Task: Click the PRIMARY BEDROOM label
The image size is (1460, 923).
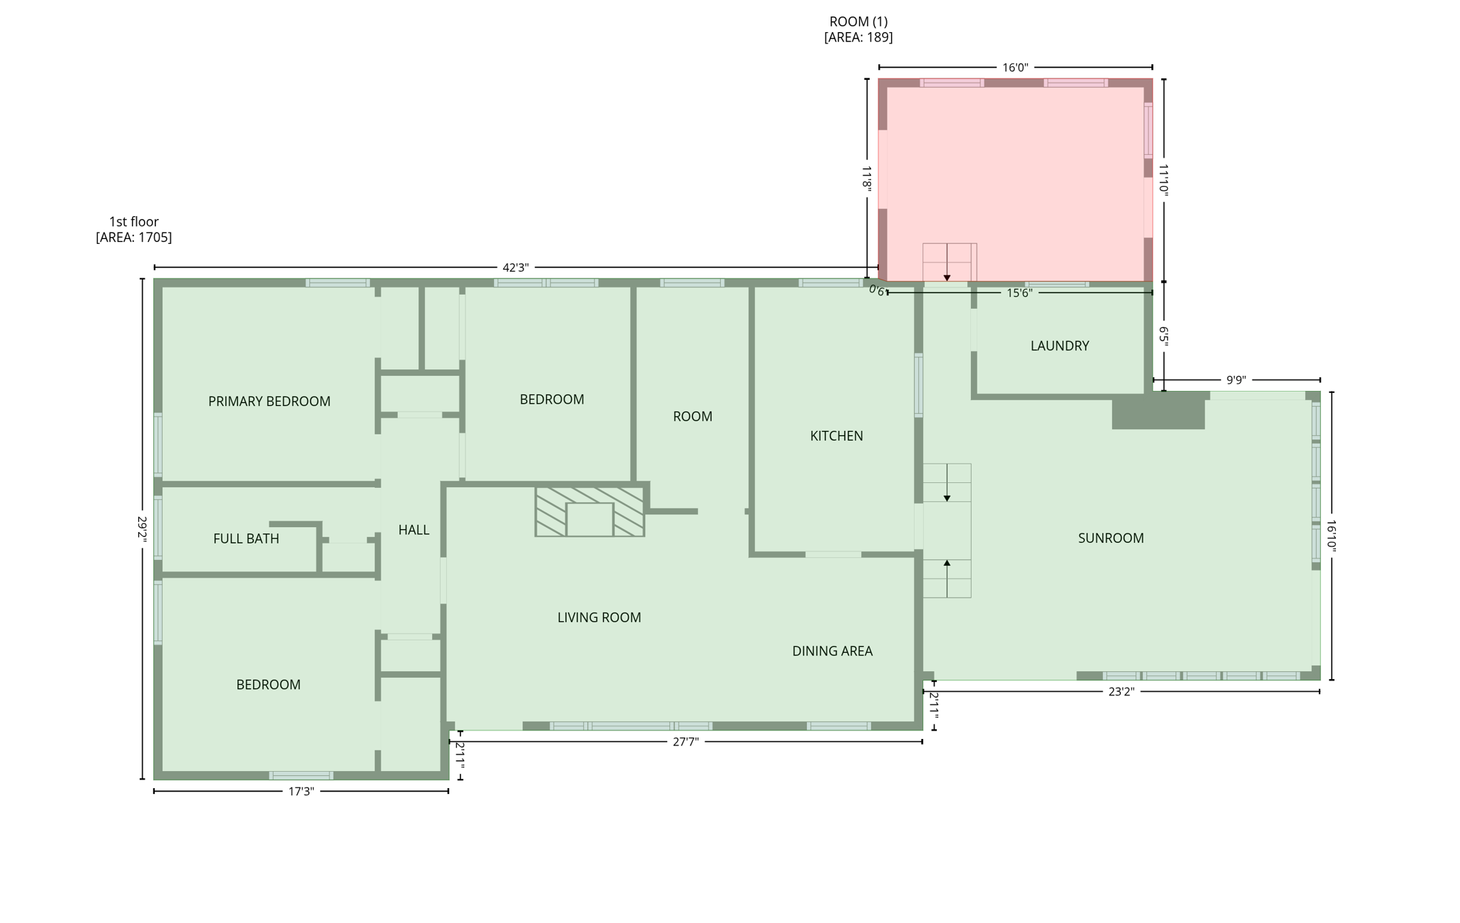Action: (x=269, y=402)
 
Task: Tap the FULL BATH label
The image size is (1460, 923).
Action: (x=246, y=539)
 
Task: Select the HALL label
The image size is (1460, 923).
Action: (x=413, y=530)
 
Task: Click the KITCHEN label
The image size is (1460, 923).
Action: (x=836, y=436)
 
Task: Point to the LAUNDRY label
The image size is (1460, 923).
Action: (x=1059, y=346)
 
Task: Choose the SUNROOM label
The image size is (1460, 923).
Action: (x=1110, y=539)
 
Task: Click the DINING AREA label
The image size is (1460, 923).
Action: (x=832, y=651)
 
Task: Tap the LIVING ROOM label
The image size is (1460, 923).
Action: (x=599, y=618)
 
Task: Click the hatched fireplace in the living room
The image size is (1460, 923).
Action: (x=590, y=512)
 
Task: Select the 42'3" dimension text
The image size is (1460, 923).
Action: (x=515, y=267)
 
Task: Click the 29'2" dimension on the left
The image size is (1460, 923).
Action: (x=142, y=529)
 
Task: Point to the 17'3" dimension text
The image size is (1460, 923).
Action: (x=301, y=792)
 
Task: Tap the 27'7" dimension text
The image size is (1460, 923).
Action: (x=686, y=742)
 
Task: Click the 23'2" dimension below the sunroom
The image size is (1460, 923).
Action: (x=1121, y=691)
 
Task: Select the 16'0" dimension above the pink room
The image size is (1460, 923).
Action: (x=1015, y=68)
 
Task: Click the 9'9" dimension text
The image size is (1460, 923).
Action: (x=1235, y=380)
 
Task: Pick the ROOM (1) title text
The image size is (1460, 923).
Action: (x=858, y=22)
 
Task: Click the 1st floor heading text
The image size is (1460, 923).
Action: (x=134, y=222)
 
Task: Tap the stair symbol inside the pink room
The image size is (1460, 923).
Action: (x=949, y=262)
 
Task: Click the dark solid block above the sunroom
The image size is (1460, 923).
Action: (x=1158, y=413)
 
